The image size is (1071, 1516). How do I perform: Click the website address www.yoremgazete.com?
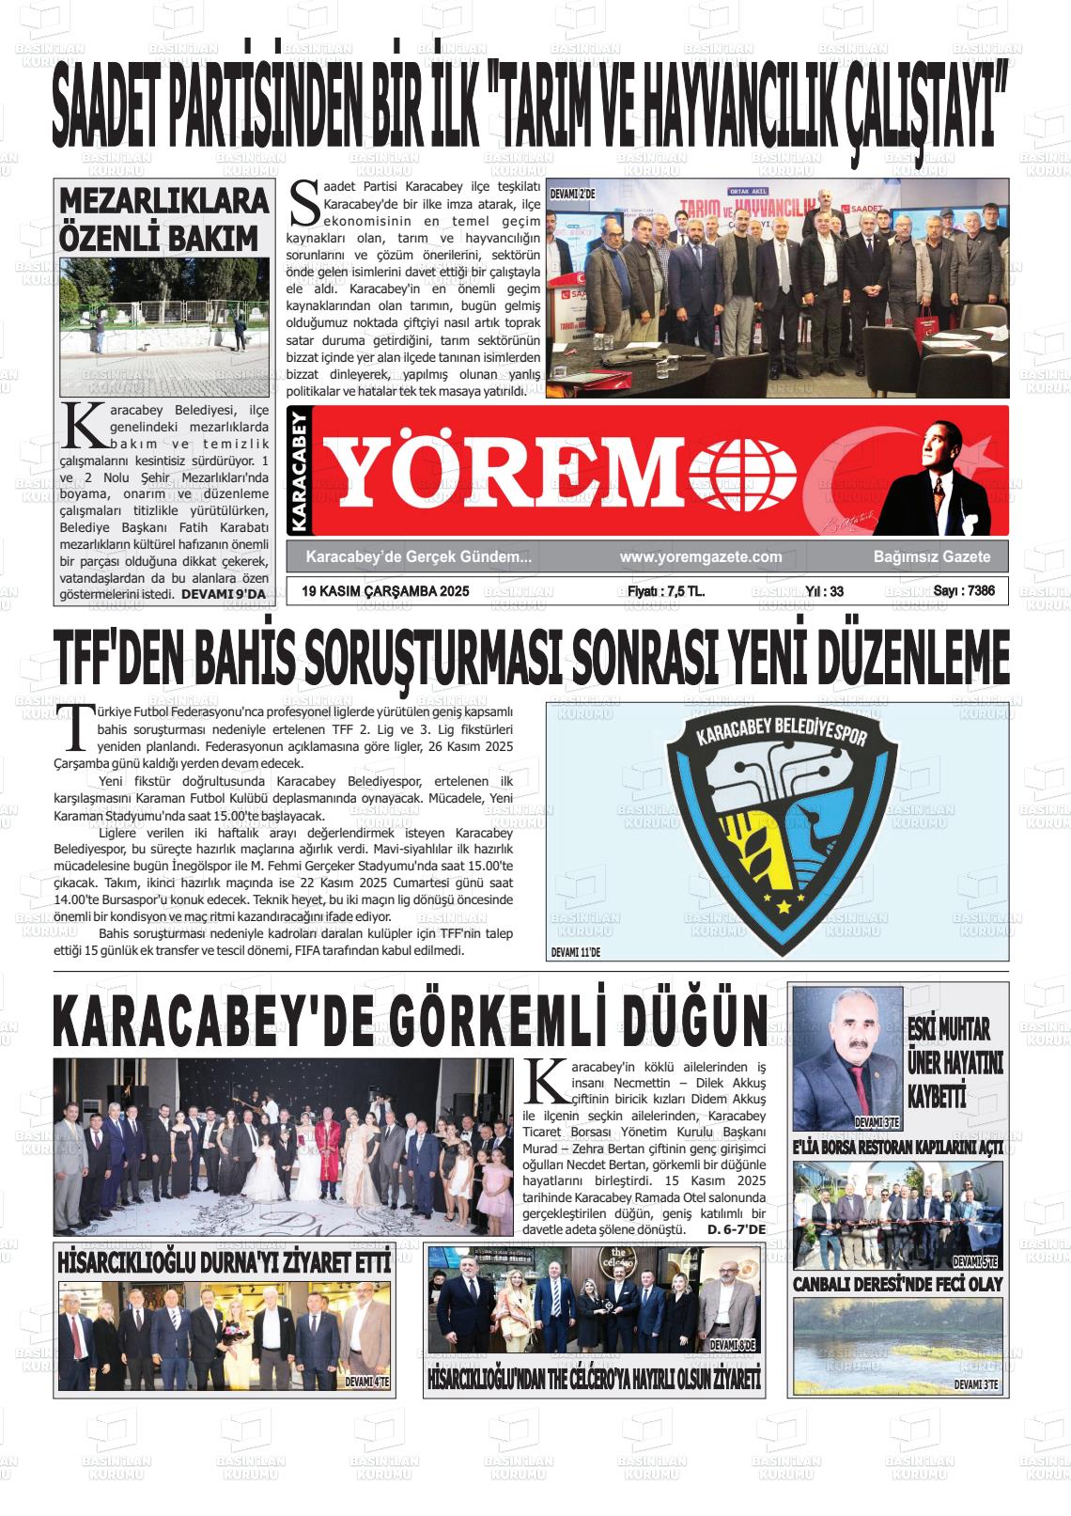[x=701, y=557]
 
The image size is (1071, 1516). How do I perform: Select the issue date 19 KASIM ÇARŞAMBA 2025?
[x=385, y=591]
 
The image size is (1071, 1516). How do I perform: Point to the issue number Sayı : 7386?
[x=963, y=591]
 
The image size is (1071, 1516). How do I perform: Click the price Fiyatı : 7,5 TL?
[x=666, y=591]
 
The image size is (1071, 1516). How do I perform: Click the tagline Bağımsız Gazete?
[x=931, y=557]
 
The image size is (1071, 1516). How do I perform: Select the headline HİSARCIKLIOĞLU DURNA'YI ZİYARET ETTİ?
[x=224, y=1262]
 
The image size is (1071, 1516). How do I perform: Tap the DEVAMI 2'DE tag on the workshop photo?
[x=573, y=194]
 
